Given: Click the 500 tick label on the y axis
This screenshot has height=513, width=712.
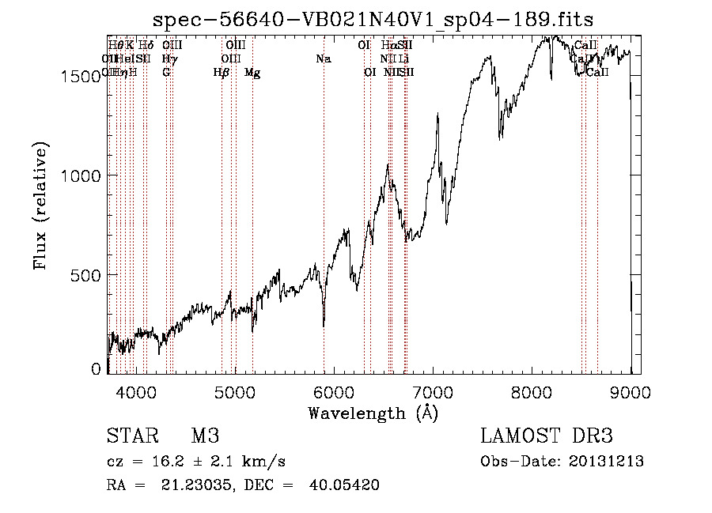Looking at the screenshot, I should click(89, 275).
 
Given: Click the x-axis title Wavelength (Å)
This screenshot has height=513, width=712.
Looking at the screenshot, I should click(373, 413).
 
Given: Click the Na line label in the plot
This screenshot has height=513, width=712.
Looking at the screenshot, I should click(323, 59).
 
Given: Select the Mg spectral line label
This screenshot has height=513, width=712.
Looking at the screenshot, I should click(252, 73).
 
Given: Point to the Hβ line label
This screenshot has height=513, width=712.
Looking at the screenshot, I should click(222, 73).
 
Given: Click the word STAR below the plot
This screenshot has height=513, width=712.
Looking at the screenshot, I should click(131, 436).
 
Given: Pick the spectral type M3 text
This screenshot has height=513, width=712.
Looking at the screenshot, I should click(205, 436).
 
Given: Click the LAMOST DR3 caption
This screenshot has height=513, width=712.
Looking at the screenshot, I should click(547, 436).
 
